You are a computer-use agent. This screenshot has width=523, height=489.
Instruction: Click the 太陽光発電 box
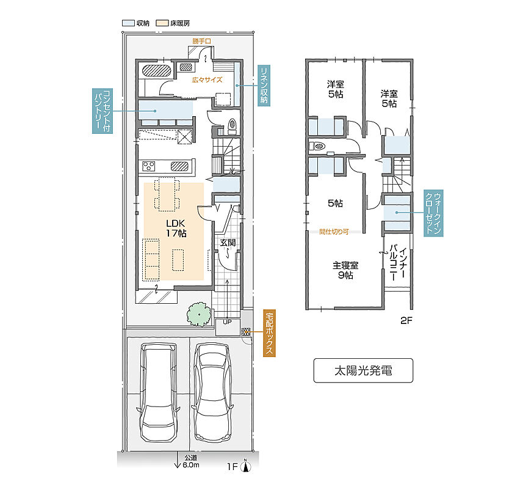coord(363,370)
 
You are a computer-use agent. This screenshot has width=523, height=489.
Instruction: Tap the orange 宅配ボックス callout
coord(269,333)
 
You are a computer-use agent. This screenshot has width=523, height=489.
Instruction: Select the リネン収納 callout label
coord(264,86)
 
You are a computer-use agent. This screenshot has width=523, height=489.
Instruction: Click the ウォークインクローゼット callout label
coord(433,213)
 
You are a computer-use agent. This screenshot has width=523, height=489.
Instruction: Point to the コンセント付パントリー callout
coord(102,111)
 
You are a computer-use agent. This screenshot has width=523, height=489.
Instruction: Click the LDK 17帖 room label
coord(176,228)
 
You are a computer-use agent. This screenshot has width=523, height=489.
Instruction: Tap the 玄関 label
coord(228,243)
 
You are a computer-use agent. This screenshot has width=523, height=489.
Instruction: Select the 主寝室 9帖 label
coord(345,270)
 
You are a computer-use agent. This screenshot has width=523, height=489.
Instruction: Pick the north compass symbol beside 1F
coord(246,465)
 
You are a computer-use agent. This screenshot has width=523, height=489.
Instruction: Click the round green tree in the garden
coord(199,314)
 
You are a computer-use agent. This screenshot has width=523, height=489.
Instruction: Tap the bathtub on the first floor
coord(157,70)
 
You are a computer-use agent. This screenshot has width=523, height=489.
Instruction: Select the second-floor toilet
coord(317,146)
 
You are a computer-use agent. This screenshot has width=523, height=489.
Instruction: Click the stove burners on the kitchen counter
coord(149,166)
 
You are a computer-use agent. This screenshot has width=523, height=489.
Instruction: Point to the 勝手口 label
coord(201,41)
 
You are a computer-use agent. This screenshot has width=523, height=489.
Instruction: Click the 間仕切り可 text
coord(334,232)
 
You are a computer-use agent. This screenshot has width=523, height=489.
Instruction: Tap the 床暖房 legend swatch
coord(162,23)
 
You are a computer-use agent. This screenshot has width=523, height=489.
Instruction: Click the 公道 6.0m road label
coord(191,461)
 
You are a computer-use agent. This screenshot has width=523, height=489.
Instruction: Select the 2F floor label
coord(406,321)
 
